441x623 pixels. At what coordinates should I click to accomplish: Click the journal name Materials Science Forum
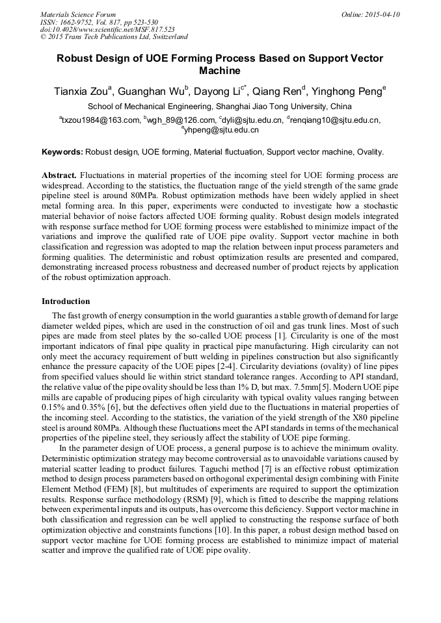click(78, 14)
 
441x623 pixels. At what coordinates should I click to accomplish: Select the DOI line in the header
click(107, 29)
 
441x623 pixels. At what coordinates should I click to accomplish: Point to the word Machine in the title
click(220, 70)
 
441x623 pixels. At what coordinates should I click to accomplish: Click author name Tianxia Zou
click(82, 91)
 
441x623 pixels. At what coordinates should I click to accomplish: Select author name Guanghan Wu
click(152, 91)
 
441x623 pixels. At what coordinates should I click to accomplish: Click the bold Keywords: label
click(62, 152)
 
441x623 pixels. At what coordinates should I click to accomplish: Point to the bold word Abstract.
click(59, 175)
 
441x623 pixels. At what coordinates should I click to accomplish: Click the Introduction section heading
click(66, 301)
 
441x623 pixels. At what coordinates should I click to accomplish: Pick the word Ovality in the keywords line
click(370, 152)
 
